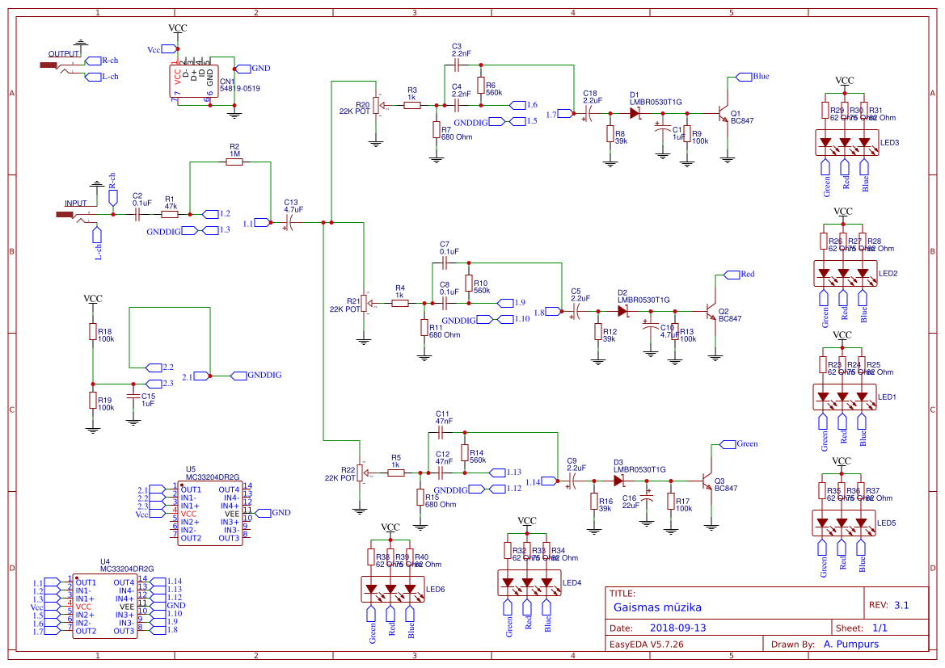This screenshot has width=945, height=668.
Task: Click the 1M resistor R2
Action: click(234, 162)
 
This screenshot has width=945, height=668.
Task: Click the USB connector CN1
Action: click(194, 81)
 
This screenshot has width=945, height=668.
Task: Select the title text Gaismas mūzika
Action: click(657, 607)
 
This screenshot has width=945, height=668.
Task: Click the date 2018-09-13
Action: click(677, 628)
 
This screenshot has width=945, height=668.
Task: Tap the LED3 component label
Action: click(889, 143)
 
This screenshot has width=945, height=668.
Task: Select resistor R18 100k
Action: click(93, 333)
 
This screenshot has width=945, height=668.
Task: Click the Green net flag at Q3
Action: click(747, 443)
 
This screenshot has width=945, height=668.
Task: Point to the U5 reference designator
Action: click(190, 468)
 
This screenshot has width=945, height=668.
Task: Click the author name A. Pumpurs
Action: click(850, 644)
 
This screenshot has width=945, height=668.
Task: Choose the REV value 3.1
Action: click(901, 605)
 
